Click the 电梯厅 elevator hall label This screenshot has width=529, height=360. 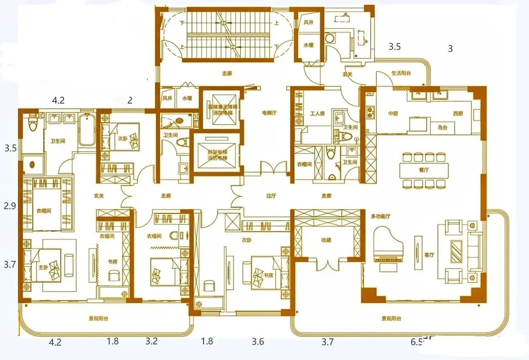pyautogui.click(x=269, y=113)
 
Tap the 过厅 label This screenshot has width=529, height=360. pyautogui.click(x=271, y=196)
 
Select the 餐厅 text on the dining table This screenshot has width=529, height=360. pyautogui.click(x=424, y=170)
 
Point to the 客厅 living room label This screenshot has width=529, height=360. pyautogui.click(x=429, y=255)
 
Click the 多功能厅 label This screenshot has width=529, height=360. pyautogui.click(x=380, y=216)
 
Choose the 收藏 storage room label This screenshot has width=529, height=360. pyautogui.click(x=326, y=240)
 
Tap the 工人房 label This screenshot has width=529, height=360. pyautogui.click(x=317, y=114)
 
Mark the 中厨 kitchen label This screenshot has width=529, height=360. pyautogui.click(x=393, y=114)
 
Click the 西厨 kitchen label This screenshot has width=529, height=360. pyautogui.click(x=458, y=114)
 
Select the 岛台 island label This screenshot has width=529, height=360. pyautogui.click(x=442, y=128)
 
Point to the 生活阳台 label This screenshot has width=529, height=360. pyautogui.click(x=401, y=73)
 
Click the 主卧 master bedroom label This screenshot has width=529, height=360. pyautogui.click(x=43, y=267)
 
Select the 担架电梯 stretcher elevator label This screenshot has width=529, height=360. pyautogui.click(x=217, y=155)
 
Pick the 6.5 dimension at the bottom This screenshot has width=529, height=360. pyautogui.click(x=417, y=342)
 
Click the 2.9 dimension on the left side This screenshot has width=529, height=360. pyautogui.click(x=10, y=206)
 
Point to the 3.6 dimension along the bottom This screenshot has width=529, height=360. pyautogui.click(x=258, y=342)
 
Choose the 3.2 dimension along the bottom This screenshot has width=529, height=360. pyautogui.click(x=151, y=342)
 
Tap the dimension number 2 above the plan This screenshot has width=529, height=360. pyautogui.click(x=130, y=100)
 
